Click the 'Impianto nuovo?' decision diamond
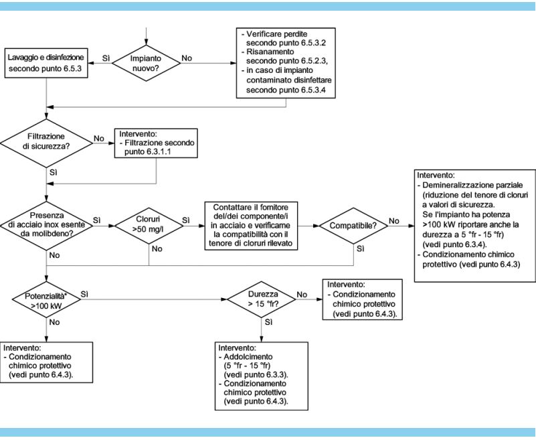[x=146, y=63]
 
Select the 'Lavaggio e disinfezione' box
[x=46, y=63]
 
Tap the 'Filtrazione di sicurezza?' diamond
[x=46, y=143]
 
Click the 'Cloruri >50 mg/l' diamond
[x=149, y=226]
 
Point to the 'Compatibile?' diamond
[x=353, y=226]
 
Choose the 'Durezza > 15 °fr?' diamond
[x=262, y=299]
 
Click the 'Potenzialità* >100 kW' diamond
[x=46, y=300]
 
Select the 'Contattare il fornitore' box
[x=251, y=226]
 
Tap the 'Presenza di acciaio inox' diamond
[x=46, y=226]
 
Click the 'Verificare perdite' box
[x=286, y=63]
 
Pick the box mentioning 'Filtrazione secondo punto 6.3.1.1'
[x=156, y=143]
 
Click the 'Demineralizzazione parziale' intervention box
[x=475, y=226]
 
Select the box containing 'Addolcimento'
[x=262, y=376]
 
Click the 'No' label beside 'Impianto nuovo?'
[x=187, y=58]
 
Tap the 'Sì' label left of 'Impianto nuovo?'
[x=106, y=58]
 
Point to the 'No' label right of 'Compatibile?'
[x=393, y=221]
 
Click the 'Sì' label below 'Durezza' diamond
[x=269, y=322]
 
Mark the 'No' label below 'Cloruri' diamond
[x=157, y=248]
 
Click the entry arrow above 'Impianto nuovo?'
[x=146, y=36]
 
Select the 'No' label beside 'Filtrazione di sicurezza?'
[x=99, y=138]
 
